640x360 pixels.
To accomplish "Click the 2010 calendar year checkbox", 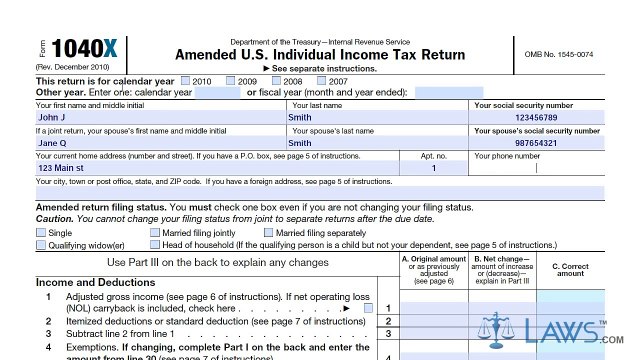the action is pos(186,80).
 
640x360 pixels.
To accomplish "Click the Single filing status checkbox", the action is pos(41,233).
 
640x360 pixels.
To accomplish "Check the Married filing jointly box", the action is pos(155,233).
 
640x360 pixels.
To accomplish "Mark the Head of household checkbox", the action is pos(155,245).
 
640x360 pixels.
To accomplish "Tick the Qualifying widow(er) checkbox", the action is pos(41,245).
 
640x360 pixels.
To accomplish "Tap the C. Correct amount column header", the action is pos(570,268).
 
